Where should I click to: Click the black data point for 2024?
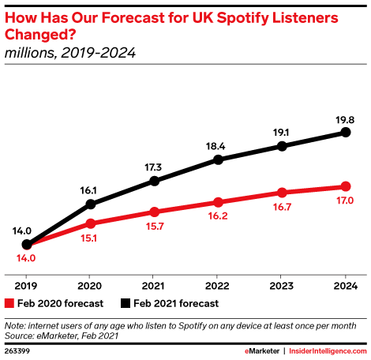[x=345, y=133]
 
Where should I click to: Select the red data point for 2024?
[x=345, y=186]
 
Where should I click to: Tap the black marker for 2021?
[x=154, y=181]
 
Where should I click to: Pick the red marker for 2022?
[x=218, y=202]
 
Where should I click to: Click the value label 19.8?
[x=344, y=119]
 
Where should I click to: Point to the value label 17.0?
[x=344, y=201]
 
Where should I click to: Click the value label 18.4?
[x=216, y=146]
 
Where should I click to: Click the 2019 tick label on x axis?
[x=27, y=286]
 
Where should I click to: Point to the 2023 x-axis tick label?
[x=282, y=286]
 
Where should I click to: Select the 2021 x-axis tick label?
[x=154, y=286]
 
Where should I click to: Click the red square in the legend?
[x=9, y=302]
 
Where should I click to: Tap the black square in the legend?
[x=126, y=302]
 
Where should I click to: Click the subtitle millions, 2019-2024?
[x=70, y=54]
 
